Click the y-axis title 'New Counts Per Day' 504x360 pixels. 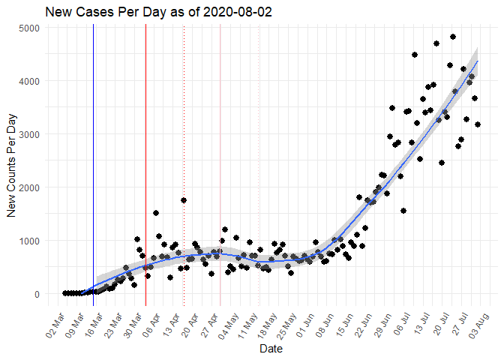point(12,160)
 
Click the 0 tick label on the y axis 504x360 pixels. point(38,294)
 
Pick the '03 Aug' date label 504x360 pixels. point(480,320)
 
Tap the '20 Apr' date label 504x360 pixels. point(190,320)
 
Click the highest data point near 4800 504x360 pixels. point(453,37)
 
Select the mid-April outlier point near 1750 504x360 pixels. point(184,200)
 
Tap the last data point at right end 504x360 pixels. point(478,124)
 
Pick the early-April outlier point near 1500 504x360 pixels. point(156,213)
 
